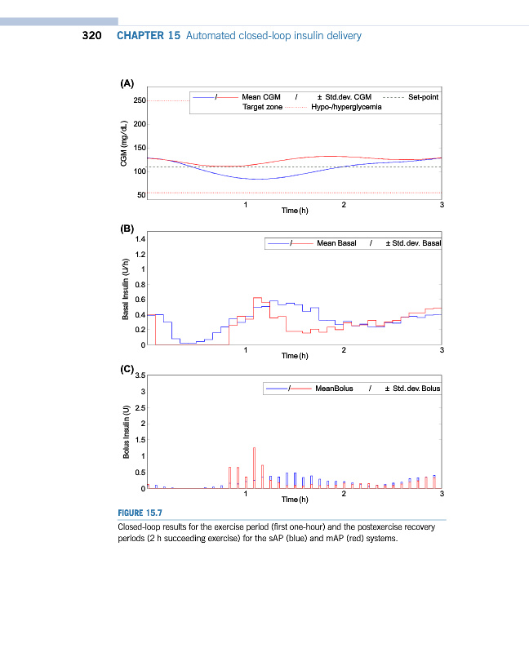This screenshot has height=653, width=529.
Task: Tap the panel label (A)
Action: [x=127, y=83]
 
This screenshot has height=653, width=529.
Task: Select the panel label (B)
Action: [x=127, y=229]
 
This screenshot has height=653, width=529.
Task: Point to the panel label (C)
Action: [x=127, y=370]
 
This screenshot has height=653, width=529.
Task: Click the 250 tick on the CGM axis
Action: [x=140, y=101]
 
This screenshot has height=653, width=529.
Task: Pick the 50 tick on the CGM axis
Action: [x=141, y=194]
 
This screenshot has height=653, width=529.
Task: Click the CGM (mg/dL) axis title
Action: [x=125, y=148]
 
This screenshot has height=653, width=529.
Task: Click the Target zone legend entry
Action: [x=263, y=107]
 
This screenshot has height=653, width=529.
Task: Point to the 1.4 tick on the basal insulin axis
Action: [x=140, y=239]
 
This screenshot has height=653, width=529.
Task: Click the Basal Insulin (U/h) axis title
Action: [x=125, y=291]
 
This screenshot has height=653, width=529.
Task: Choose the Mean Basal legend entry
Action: [x=336, y=243]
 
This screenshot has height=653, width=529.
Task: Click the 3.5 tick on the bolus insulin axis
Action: [x=140, y=375]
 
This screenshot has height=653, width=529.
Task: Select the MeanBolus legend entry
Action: [x=334, y=389]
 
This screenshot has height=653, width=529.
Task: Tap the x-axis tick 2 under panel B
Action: [x=344, y=350]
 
